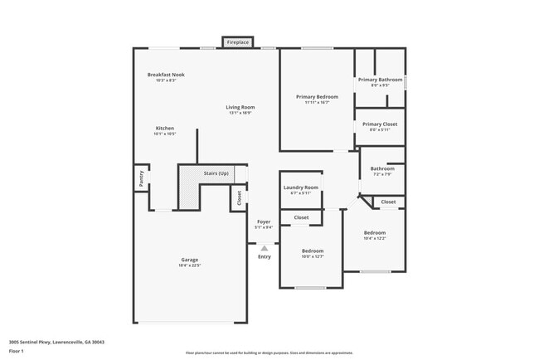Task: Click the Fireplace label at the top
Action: (x=238, y=42)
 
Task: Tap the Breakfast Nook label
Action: (x=166, y=75)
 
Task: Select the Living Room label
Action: (x=240, y=107)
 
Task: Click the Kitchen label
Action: (x=165, y=129)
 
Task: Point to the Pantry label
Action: (x=141, y=177)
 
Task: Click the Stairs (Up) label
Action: (x=216, y=173)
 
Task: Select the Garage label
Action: (x=190, y=260)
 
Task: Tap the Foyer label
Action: (x=264, y=221)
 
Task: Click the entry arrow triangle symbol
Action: (x=265, y=247)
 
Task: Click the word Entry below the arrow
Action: (x=265, y=257)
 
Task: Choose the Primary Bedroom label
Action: (x=317, y=97)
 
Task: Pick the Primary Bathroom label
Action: (x=380, y=80)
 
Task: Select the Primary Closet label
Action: (x=380, y=124)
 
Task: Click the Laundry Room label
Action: (x=301, y=187)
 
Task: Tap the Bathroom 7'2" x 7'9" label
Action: (x=382, y=169)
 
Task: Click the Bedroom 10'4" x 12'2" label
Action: (x=375, y=233)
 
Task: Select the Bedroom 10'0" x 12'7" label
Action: (x=313, y=251)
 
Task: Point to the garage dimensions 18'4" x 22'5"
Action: (x=190, y=265)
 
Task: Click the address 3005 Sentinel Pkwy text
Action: (x=56, y=342)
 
